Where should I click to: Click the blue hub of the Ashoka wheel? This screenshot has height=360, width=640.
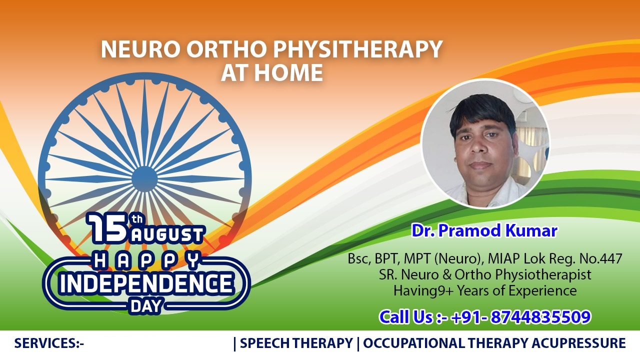point(144,178)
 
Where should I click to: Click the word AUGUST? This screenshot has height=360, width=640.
point(167,234)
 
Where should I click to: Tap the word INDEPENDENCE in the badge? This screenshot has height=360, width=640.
point(146,283)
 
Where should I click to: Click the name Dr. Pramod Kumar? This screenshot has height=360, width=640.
point(484,230)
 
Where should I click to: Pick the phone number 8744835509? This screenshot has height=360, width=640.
point(540,317)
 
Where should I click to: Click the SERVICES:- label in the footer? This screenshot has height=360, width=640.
point(49,343)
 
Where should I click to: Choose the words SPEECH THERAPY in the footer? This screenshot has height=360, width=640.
point(296,343)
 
